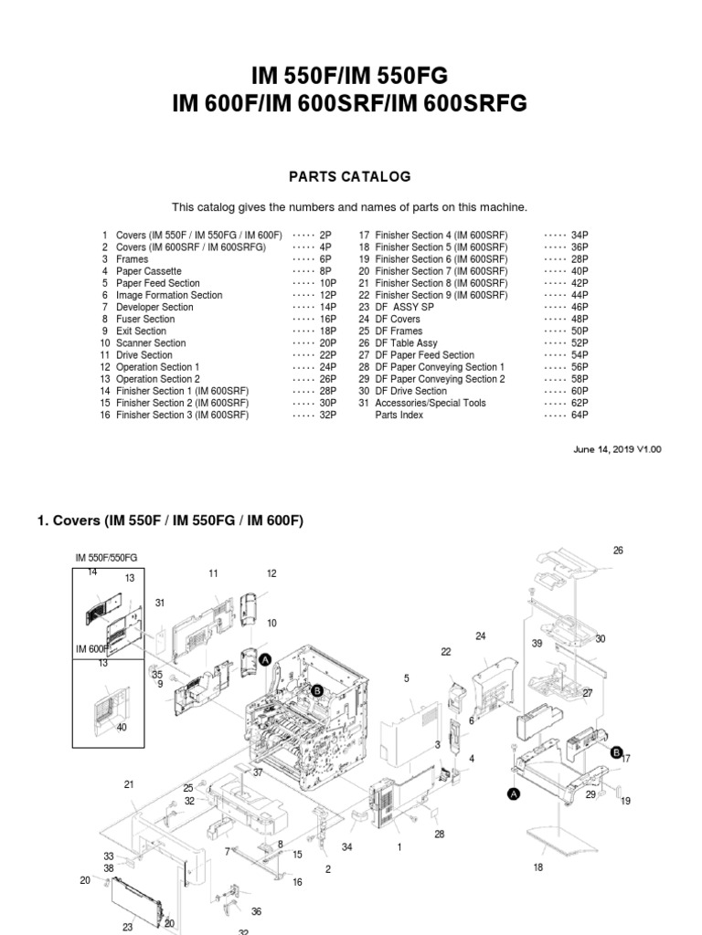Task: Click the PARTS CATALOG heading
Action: (x=351, y=176)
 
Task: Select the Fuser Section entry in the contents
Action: (x=145, y=320)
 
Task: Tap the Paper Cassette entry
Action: (x=148, y=271)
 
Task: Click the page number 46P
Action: (x=580, y=308)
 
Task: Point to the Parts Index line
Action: (x=399, y=415)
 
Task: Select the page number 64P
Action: (x=580, y=415)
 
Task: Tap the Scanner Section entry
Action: (x=151, y=343)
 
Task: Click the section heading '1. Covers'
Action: (x=170, y=521)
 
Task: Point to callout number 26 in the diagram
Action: (x=618, y=551)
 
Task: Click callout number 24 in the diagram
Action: (x=481, y=636)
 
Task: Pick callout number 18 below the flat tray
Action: (x=538, y=867)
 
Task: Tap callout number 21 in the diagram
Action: (x=129, y=784)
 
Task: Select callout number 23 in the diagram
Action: (x=128, y=927)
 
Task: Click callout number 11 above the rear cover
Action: (x=213, y=573)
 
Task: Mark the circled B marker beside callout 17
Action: (x=616, y=751)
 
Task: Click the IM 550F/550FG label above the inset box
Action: (x=106, y=557)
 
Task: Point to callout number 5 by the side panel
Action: (x=407, y=678)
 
